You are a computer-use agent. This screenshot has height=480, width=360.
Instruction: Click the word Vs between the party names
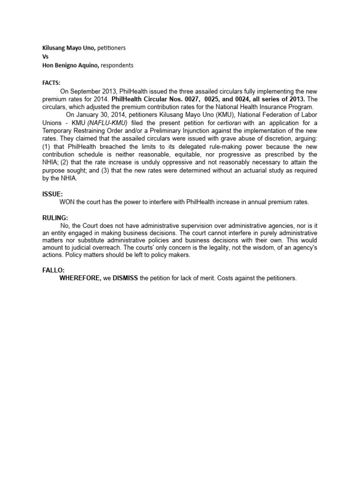(x=45, y=57)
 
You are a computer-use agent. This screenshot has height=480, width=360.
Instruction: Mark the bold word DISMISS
(x=125, y=278)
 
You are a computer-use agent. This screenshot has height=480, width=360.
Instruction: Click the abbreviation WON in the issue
(x=67, y=202)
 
